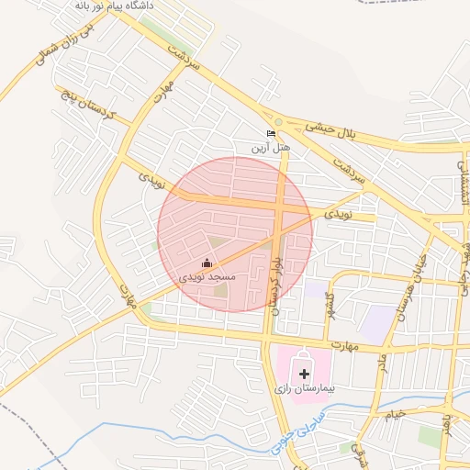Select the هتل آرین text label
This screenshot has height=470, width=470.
pyautogui.click(x=271, y=147)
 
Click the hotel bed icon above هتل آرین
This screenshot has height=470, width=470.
pyautogui.click(x=271, y=134)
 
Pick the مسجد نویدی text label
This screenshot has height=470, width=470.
pyautogui.click(x=207, y=275)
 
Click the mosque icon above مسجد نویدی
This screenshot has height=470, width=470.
pyautogui.click(x=207, y=263)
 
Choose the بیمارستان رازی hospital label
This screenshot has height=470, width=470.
pyautogui.click(x=306, y=389)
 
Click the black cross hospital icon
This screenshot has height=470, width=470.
pyautogui.click(x=305, y=374)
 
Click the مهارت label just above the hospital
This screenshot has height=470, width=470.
pyautogui.click(x=345, y=346)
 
